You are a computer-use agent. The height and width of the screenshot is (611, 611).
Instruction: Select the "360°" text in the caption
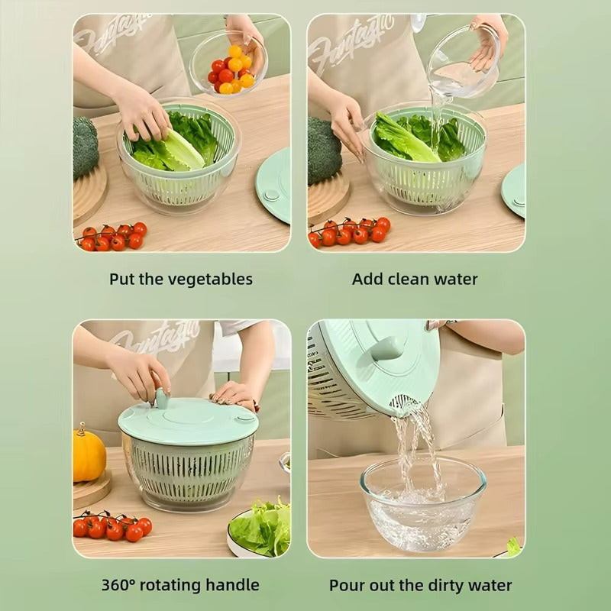(121, 586)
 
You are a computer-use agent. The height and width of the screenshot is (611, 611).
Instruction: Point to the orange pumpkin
(89, 455)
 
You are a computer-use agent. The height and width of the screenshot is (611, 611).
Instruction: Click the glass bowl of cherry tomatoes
(229, 67)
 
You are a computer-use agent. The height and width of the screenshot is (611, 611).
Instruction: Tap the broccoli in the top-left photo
(86, 147)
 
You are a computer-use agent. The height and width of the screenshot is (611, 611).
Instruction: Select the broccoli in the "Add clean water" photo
(322, 150)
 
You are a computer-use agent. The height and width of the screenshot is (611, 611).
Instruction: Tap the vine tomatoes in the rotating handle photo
(112, 526)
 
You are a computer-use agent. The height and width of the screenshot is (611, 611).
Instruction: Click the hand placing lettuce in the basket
(143, 113)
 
